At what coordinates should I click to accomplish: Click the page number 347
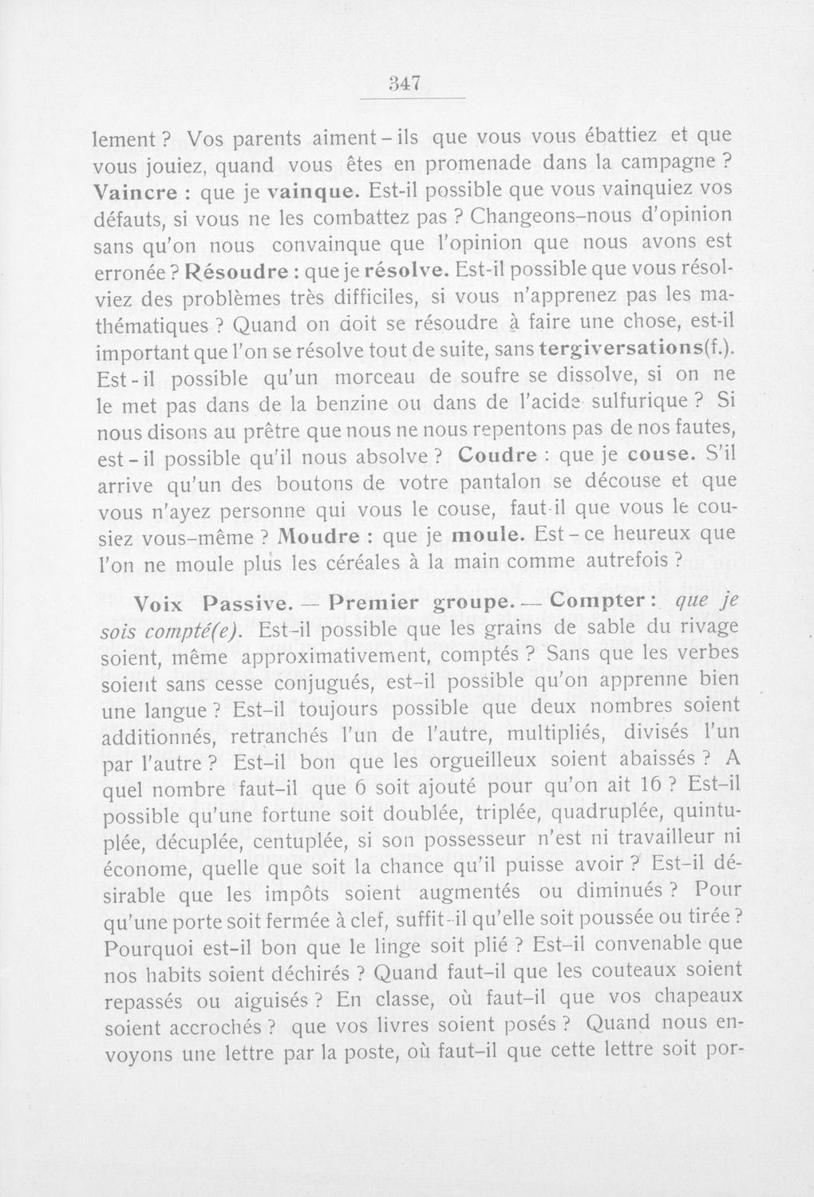[x=412, y=84]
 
